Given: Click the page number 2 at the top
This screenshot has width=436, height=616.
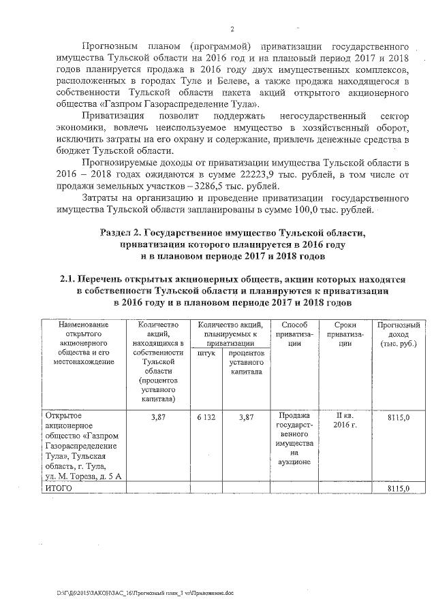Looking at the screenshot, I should click(232, 29).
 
